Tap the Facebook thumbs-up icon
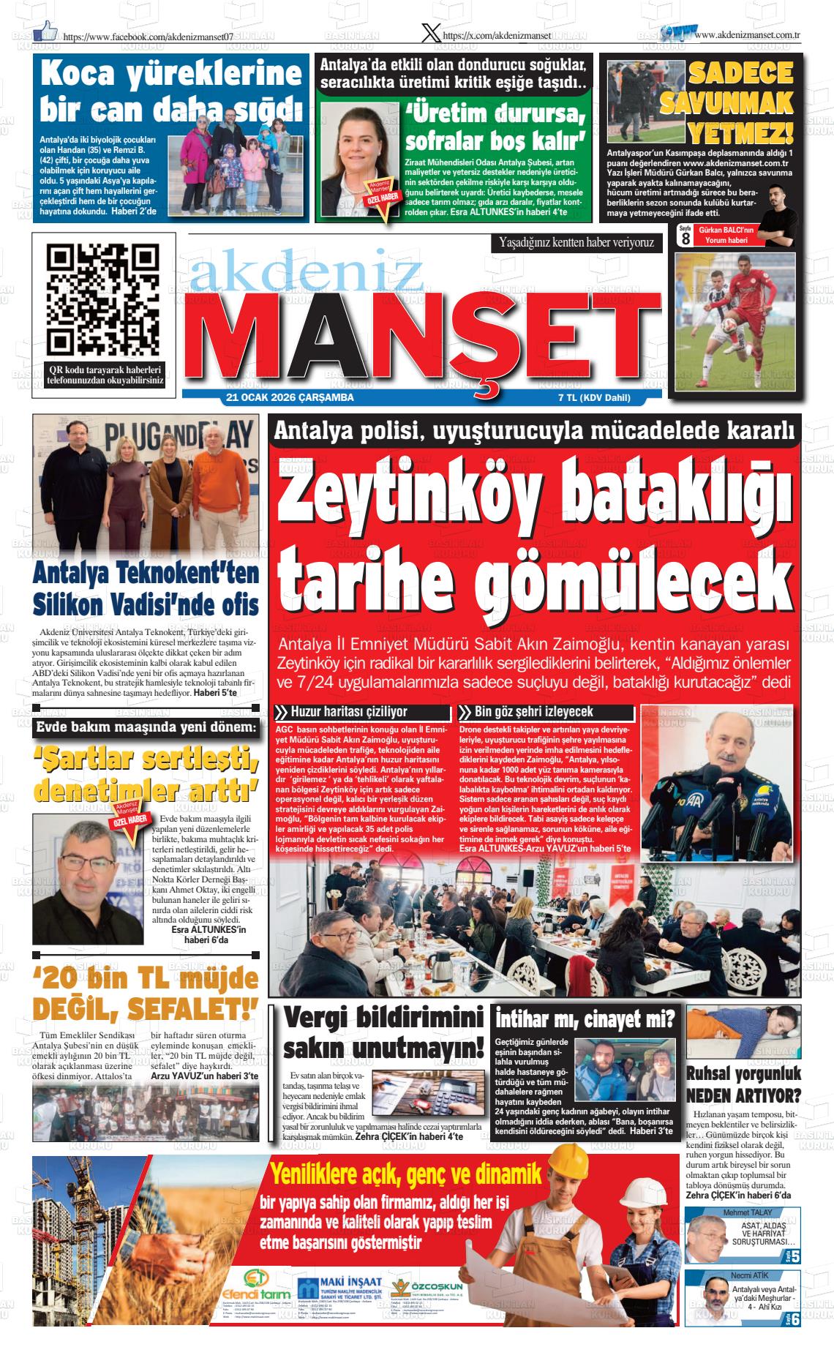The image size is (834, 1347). click(x=45, y=30)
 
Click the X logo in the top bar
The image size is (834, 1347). click(x=432, y=33)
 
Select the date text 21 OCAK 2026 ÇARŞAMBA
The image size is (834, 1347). click(x=290, y=398)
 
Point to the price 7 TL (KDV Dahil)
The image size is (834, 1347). click(x=593, y=398)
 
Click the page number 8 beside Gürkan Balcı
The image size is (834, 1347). click(x=685, y=239)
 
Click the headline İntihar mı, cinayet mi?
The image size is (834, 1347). click(x=585, y=1018)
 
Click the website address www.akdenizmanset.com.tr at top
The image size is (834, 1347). click(x=746, y=34)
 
